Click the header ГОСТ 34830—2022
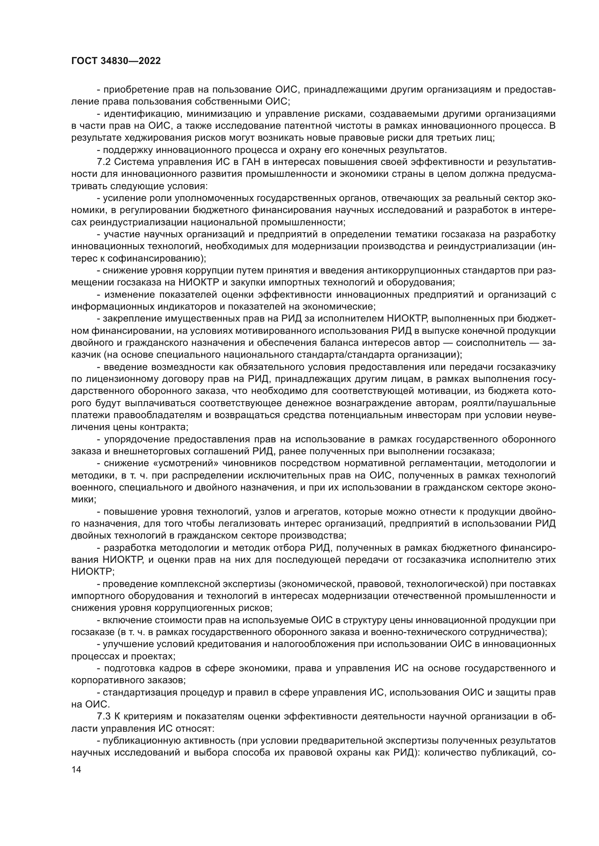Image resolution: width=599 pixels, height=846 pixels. coord(116,61)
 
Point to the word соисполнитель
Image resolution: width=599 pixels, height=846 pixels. coord(491,343)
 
